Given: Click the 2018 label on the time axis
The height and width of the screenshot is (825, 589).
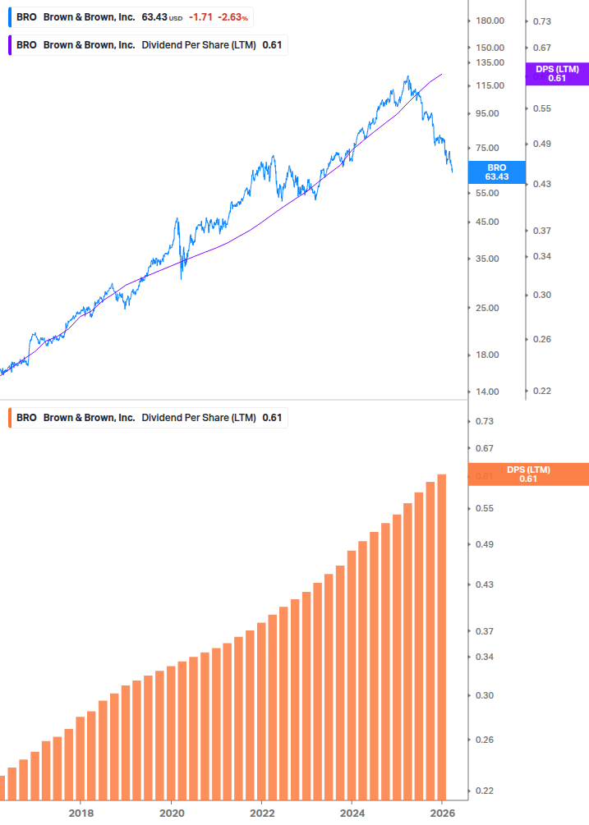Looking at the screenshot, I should coord(81,812).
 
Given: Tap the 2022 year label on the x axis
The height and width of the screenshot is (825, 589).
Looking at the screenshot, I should coord(261,812).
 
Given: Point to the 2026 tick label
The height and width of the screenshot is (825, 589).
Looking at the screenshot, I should coord(442,812).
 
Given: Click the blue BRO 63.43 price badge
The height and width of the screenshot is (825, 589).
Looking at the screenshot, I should coord(496,172).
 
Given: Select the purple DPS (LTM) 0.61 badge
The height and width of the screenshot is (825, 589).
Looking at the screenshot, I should coord(557,74).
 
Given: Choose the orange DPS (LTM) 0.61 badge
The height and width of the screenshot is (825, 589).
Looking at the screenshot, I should coord(527,474).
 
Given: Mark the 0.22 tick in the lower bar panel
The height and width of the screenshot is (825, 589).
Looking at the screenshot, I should coord(484,791).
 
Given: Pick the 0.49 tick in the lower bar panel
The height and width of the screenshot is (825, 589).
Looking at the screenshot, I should coord(484,544).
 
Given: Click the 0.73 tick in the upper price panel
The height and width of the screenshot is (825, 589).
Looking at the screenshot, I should coord(542,21).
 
